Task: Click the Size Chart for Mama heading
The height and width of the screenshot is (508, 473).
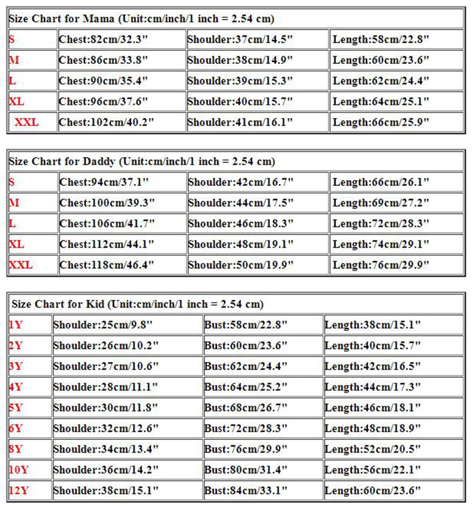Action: point(142,19)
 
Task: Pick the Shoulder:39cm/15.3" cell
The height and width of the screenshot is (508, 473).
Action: point(240,81)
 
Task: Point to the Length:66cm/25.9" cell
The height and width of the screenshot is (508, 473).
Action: point(381,122)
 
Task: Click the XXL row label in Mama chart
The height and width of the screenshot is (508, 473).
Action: point(26,122)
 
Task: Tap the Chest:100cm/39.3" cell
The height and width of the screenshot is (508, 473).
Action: point(107,203)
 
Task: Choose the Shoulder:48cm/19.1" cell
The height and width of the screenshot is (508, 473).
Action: point(241,244)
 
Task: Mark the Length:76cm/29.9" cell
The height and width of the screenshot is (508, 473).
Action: point(381,265)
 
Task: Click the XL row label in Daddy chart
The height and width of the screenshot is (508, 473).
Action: point(17,244)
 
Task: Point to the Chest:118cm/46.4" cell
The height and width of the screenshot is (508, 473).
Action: point(107,265)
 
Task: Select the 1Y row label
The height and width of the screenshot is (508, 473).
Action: point(16,325)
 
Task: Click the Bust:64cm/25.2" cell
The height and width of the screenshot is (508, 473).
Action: point(246,387)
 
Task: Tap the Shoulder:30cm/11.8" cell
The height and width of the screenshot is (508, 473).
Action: point(106,408)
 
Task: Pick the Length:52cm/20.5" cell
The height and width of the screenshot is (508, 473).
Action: point(373,449)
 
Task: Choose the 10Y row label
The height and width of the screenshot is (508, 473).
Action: point(18,470)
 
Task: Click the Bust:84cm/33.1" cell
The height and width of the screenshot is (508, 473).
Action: point(246,491)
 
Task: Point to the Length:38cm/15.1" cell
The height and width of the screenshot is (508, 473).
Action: point(373,325)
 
